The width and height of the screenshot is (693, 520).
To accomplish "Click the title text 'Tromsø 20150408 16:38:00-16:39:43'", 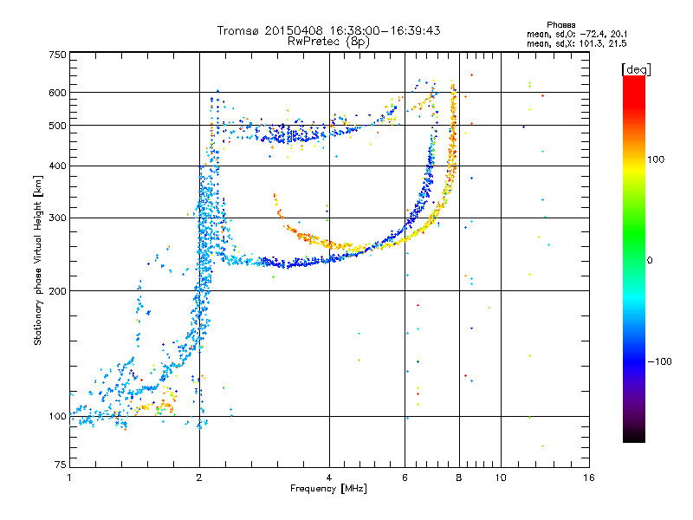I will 329,30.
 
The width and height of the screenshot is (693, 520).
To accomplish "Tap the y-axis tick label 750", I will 57,55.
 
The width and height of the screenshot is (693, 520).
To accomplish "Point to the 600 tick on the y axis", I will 57,93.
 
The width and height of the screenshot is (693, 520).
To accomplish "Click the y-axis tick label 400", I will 57,166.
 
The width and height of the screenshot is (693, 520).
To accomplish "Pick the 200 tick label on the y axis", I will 57,290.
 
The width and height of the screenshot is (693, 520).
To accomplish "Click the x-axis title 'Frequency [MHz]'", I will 329,489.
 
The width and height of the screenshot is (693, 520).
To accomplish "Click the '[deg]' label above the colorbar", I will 636,68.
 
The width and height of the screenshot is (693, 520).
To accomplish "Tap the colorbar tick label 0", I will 651,260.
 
